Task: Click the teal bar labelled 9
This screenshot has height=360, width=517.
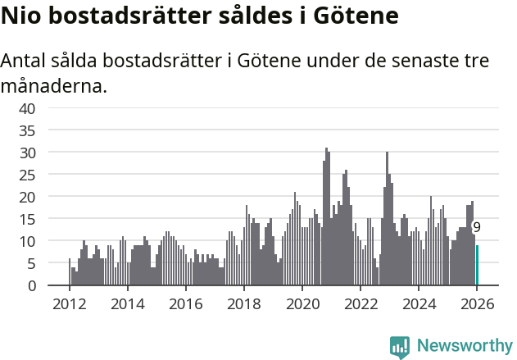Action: click(478, 266)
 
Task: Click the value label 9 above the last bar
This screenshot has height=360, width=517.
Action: click(477, 228)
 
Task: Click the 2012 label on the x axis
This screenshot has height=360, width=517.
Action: click(69, 303)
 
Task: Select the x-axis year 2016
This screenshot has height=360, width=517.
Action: click(185, 303)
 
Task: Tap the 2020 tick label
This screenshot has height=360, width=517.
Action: click(302, 303)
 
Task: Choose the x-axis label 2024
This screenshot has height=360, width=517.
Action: click(419, 303)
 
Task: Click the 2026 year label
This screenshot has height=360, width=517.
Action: click(477, 303)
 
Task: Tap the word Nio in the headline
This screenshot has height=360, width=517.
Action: click(21, 16)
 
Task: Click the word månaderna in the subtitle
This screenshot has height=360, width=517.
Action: click(53, 85)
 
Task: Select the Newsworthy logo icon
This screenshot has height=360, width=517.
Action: click(400, 346)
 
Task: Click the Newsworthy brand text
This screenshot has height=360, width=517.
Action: click(464, 346)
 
